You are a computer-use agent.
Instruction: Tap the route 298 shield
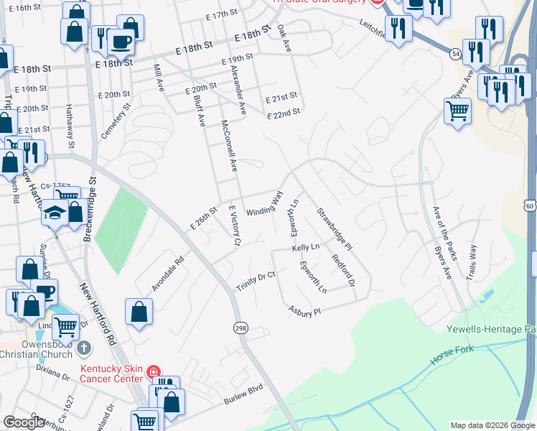(241, 328)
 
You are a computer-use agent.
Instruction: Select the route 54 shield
(455, 54)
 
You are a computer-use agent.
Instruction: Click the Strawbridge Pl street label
(335, 229)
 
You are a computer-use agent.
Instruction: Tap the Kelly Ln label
(306, 248)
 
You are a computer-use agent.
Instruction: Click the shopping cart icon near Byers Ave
(457, 111)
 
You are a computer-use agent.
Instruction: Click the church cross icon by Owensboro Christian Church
(84, 348)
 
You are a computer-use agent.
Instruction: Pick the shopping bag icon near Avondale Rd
(139, 312)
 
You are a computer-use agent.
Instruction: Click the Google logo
(24, 422)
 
